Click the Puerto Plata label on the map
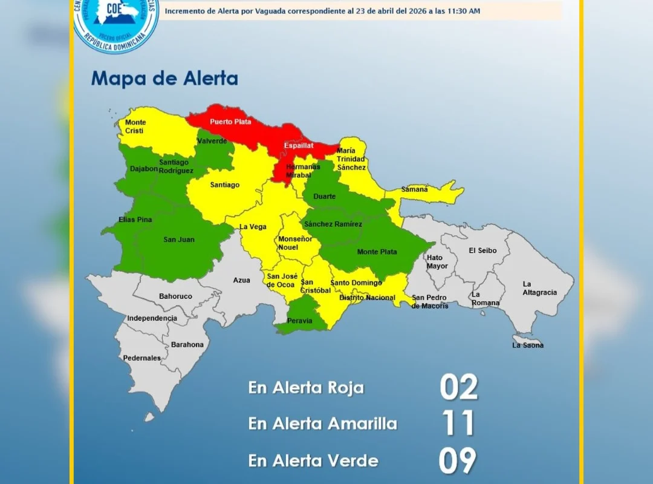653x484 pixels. [230, 122]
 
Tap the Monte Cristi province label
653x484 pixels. [135, 126]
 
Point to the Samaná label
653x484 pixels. [414, 189]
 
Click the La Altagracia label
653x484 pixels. [539, 288]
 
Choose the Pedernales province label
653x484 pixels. [142, 358]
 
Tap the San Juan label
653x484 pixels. [179, 240]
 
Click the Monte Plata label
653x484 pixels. [377, 252]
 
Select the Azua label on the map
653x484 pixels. [241, 280]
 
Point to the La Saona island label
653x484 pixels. [528, 345]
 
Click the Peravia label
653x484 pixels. [301, 321]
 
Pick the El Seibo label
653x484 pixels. [482, 250]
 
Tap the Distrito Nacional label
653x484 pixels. [367, 297]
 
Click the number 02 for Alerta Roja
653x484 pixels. [458, 387]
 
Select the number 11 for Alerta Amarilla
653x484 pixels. [458, 423]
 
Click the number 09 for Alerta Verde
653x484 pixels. [458, 460]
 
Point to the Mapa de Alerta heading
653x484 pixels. [164, 79]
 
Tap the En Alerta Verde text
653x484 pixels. [313, 460]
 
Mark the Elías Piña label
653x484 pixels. [135, 220]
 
